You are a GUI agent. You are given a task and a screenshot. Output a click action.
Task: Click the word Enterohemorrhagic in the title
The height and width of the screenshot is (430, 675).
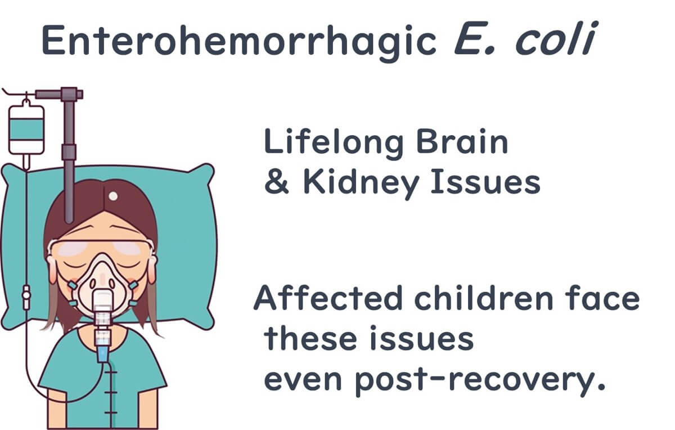(239, 41)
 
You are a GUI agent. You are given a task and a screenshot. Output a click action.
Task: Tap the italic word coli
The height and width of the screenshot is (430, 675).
(556, 38)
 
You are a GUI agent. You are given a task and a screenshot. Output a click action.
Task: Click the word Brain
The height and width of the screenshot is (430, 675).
(462, 141)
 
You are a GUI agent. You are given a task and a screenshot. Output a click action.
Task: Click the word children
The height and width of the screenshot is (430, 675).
(484, 298)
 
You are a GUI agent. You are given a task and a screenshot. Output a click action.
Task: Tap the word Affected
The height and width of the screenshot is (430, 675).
(328, 298)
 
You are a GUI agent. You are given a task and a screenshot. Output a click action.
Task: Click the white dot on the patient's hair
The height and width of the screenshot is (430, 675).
(113, 196)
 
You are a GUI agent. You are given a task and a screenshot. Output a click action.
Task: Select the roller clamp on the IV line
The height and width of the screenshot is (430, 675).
(26, 297)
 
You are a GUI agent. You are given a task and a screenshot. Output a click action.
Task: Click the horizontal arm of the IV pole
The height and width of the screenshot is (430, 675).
(59, 95)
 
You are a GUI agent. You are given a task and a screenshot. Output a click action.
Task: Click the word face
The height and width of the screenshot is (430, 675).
(602, 298)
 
